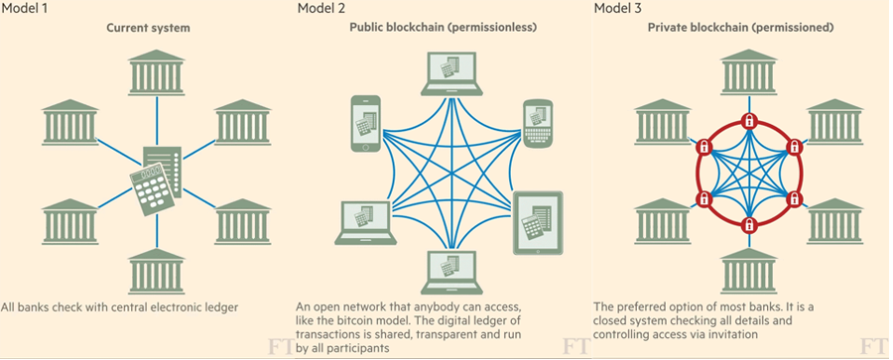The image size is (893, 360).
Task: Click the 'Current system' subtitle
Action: (149, 28)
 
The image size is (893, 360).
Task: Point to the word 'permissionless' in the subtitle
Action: (493, 28)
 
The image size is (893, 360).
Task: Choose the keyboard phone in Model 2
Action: (537, 123)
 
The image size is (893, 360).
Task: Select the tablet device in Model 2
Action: (538, 224)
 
